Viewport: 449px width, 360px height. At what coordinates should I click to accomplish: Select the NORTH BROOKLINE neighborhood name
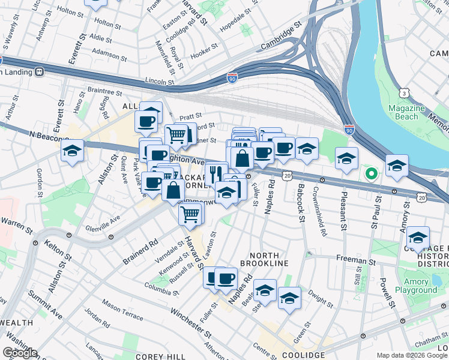pos(264,259)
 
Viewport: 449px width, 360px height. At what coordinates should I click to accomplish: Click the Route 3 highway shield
pos(405,94)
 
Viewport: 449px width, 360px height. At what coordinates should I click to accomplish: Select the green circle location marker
pos(371,175)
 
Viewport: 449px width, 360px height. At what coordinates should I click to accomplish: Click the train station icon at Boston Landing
pos(40,71)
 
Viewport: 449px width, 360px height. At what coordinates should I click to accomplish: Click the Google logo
pos(20,352)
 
